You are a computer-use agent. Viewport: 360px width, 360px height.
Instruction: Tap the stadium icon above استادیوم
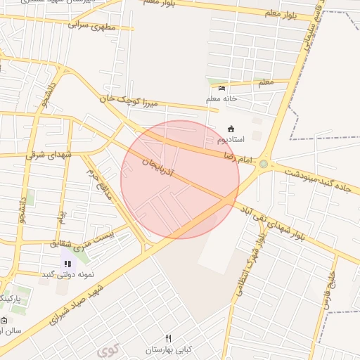[x=231, y=129]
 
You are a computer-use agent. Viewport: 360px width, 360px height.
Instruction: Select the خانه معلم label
[x=222, y=98]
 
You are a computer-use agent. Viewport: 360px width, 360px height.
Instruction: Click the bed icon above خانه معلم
[x=222, y=89]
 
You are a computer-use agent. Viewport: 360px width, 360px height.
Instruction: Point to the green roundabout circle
[x=264, y=165]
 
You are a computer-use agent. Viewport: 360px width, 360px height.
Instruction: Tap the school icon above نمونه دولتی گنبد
[x=67, y=264]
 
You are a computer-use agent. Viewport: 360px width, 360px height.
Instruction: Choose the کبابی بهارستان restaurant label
[x=168, y=349]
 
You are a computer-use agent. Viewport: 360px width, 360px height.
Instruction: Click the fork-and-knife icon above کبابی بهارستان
[x=168, y=338]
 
